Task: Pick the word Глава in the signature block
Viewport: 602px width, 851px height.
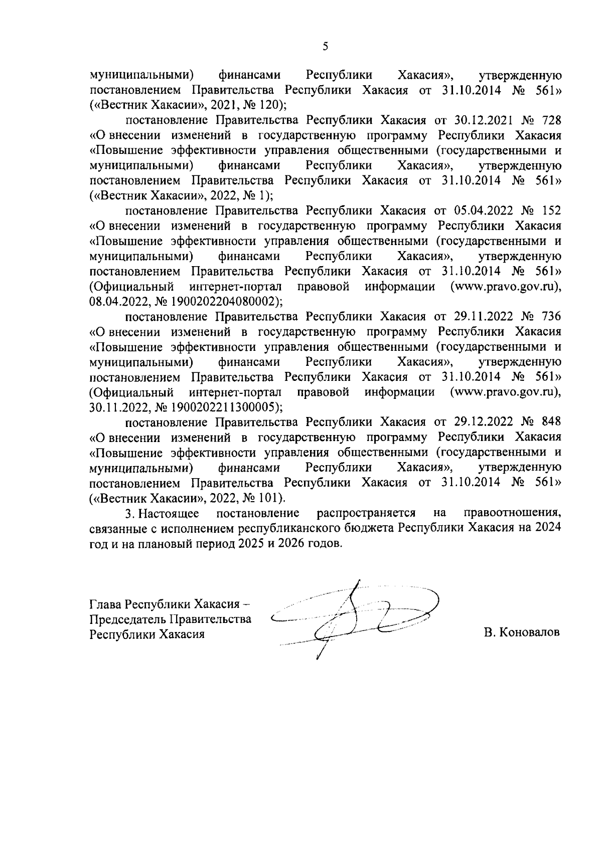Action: point(105,604)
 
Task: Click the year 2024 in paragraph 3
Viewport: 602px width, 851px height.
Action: point(548,528)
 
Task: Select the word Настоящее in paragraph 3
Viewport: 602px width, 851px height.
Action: point(169,513)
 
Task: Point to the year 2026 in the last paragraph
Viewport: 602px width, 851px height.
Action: point(296,543)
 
